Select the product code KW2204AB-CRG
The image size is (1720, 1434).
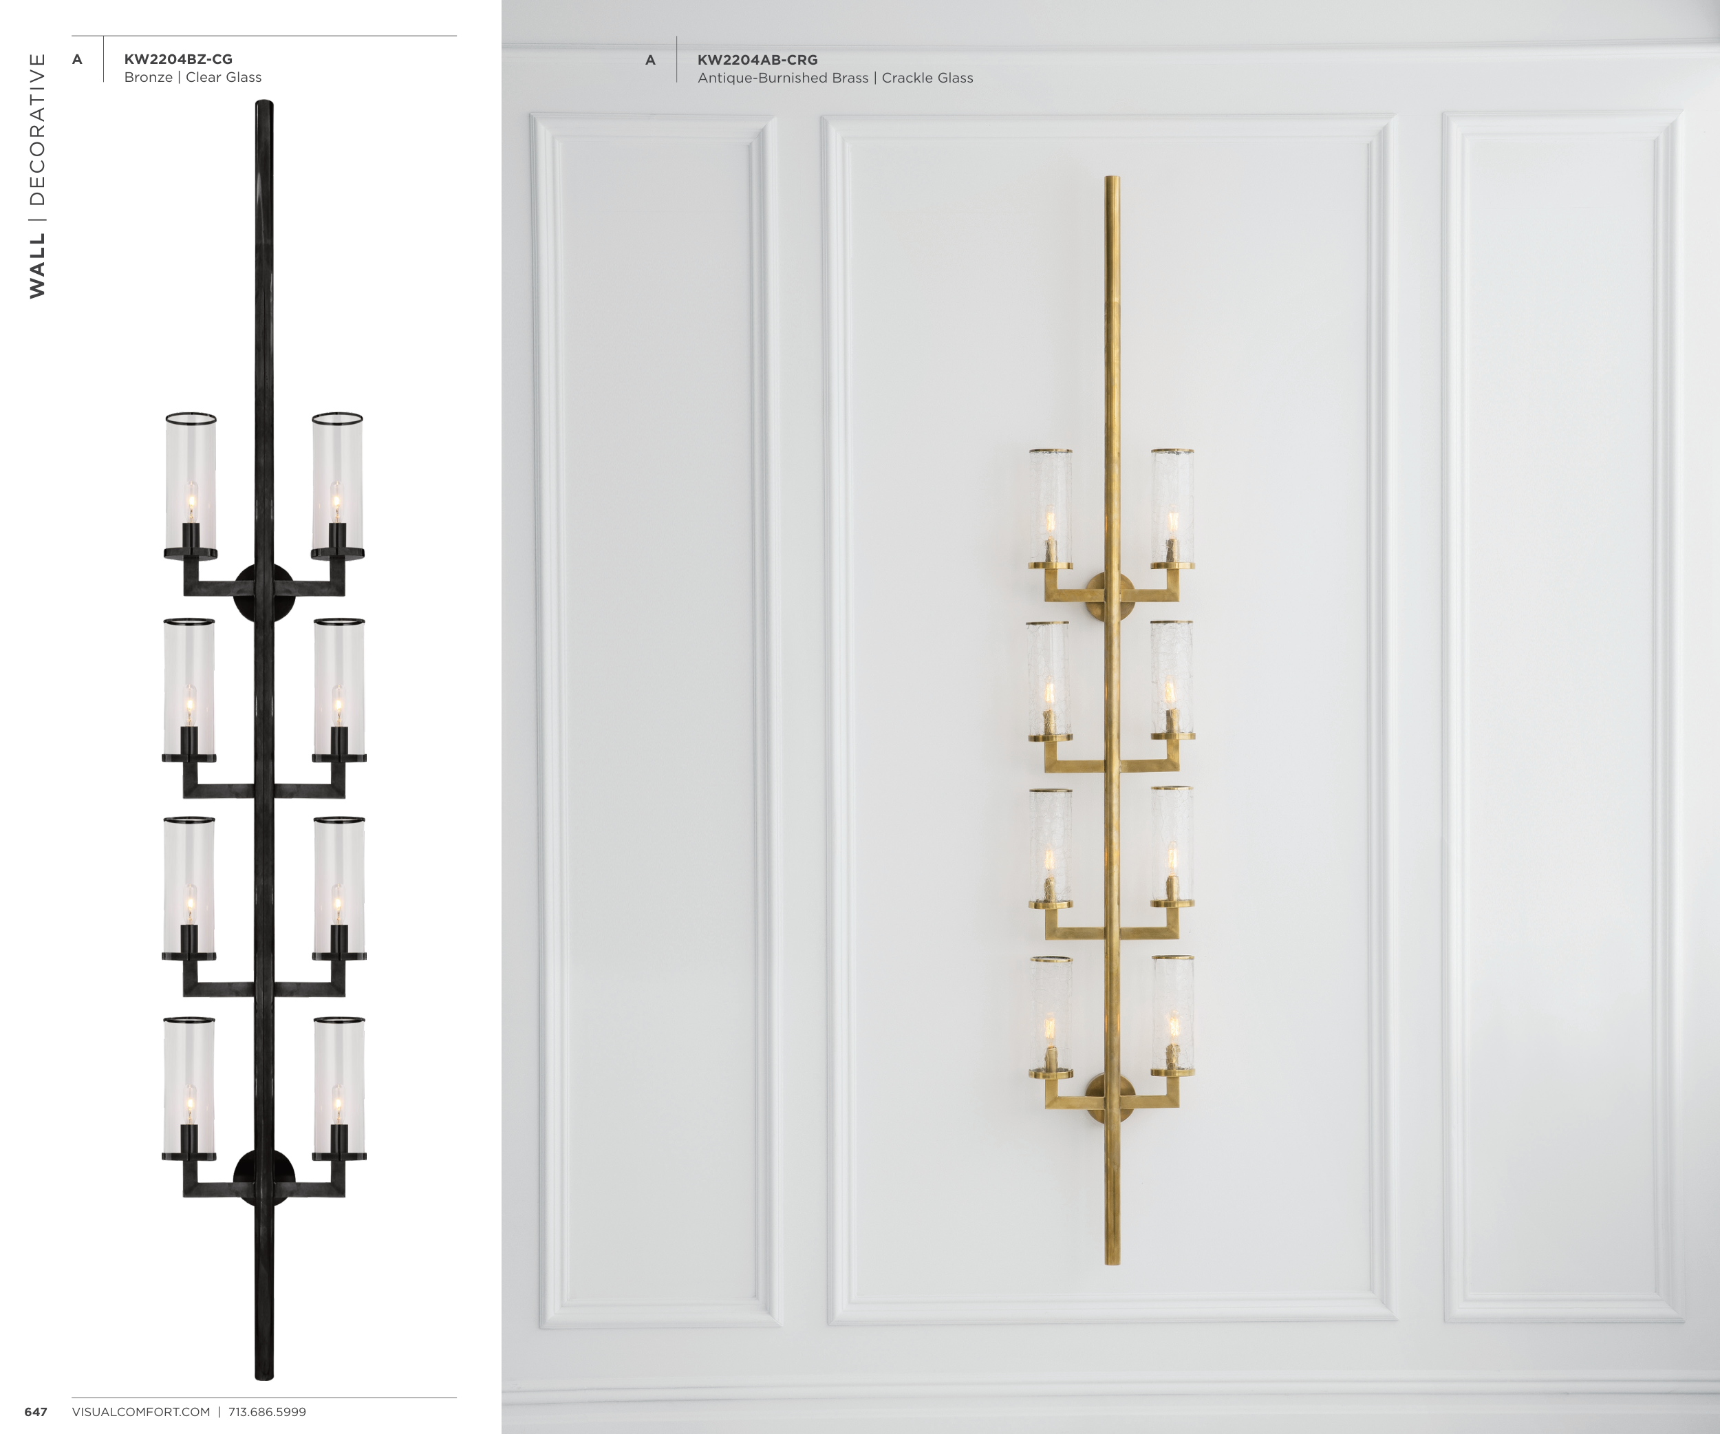click(x=757, y=60)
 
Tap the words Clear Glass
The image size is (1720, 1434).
click(x=224, y=77)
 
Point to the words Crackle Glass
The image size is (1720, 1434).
click(x=927, y=78)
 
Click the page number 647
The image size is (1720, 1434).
click(x=36, y=1412)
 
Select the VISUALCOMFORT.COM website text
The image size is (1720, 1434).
click(x=141, y=1412)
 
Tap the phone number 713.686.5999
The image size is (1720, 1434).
click(x=267, y=1412)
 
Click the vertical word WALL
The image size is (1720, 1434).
click(x=38, y=266)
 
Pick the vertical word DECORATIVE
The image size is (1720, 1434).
click(x=38, y=129)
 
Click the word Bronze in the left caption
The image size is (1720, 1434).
click(x=148, y=77)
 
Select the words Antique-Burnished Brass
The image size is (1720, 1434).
click(x=783, y=78)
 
